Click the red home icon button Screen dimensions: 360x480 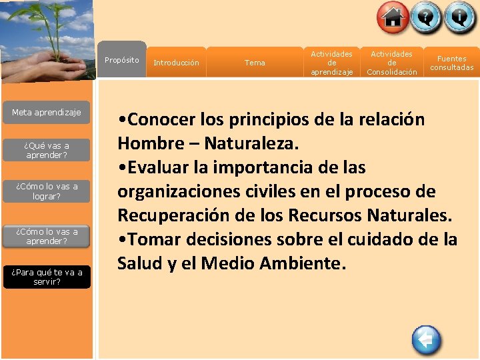pyautogui.click(x=393, y=18)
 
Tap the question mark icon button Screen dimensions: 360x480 pyautogui.click(x=427, y=18)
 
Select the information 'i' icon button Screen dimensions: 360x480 pyautogui.click(x=460, y=18)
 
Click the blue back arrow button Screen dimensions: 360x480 pyautogui.click(x=426, y=341)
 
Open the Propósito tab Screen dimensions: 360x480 pyautogui.click(x=122, y=61)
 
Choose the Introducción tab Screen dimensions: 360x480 pyautogui.click(x=176, y=63)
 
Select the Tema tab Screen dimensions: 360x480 pyautogui.click(x=255, y=63)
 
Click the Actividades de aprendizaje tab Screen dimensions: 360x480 pyautogui.click(x=331, y=63)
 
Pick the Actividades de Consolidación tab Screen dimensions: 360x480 pyautogui.click(x=392, y=63)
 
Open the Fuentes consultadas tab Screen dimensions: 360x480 pyautogui.click(x=451, y=63)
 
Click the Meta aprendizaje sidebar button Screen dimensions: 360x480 pyautogui.click(x=47, y=113)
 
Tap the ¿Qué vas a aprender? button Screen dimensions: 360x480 pyautogui.click(x=47, y=150)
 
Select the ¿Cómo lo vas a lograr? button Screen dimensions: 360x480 pyautogui.click(x=47, y=191)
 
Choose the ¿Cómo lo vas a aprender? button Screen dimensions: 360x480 pyautogui.click(x=47, y=236)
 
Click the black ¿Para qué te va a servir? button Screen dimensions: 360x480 pyautogui.click(x=47, y=277)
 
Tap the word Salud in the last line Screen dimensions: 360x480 pyautogui.click(x=138, y=263)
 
